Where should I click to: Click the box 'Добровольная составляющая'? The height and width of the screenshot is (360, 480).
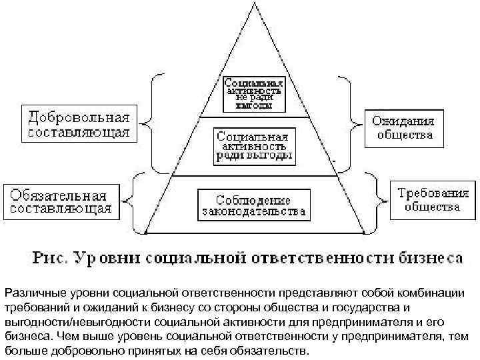tap(78, 122)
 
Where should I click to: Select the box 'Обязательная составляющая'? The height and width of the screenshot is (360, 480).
tap(59, 201)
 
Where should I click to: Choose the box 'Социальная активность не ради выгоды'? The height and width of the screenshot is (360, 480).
tap(253, 93)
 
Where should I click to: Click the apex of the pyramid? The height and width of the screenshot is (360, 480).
tap(253, 3)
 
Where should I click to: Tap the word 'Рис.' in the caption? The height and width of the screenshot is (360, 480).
tap(48, 257)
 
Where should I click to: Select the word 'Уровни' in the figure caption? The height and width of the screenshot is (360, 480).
tap(105, 257)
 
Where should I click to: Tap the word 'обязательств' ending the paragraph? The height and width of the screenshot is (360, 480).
tap(271, 351)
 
